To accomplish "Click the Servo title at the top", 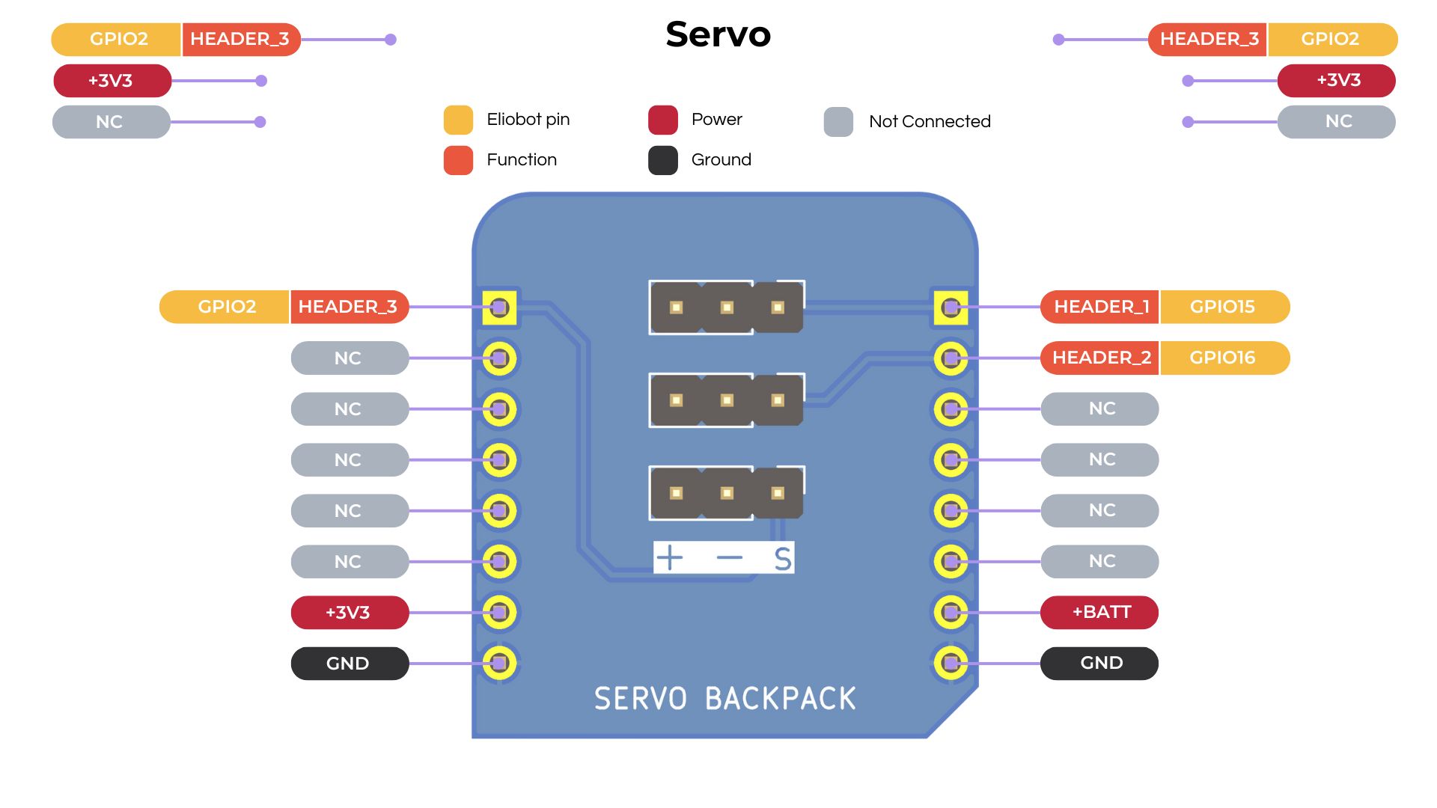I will pyautogui.click(x=718, y=34).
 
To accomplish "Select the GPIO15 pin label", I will pyautogui.click(x=1223, y=307).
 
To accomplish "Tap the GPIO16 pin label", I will pyautogui.click(x=1223, y=358).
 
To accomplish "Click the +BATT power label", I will pyautogui.click(x=1100, y=612).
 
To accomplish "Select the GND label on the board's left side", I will pyautogui.click(x=349, y=664).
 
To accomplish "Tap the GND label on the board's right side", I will pyautogui.click(x=1100, y=663).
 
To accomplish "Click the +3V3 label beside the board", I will pyautogui.click(x=349, y=613).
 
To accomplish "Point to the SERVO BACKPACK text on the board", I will pyautogui.click(x=724, y=699).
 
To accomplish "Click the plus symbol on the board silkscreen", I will pyautogui.click(x=669, y=557).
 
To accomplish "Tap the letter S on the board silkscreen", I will pyautogui.click(x=782, y=559).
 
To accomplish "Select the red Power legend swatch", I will pyautogui.click(x=663, y=120).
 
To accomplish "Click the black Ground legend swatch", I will pyautogui.click(x=663, y=160).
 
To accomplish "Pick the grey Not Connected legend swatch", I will pyautogui.click(x=838, y=121).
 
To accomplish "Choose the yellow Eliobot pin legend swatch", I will pyautogui.click(x=458, y=120).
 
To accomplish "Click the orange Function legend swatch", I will pyautogui.click(x=458, y=160).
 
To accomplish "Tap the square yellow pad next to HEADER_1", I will pyautogui.click(x=951, y=307).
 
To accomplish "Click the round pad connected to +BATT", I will pyautogui.click(x=951, y=613).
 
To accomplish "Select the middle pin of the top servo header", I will pyautogui.click(x=727, y=307).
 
